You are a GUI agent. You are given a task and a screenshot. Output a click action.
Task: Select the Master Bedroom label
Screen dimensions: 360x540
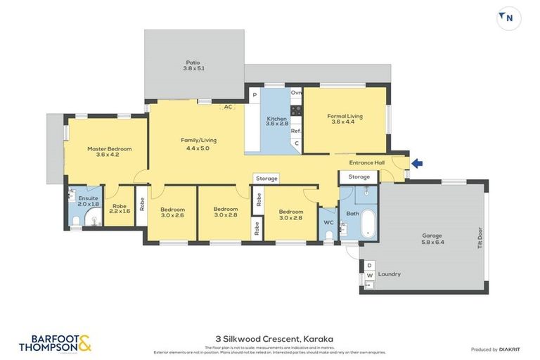109,152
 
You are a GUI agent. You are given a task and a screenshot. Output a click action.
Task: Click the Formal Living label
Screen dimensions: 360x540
345,119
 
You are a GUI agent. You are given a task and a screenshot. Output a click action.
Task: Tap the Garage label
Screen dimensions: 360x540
432,238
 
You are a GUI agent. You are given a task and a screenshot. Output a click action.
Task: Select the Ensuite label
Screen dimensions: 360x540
89,202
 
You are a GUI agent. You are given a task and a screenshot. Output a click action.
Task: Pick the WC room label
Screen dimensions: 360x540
328,223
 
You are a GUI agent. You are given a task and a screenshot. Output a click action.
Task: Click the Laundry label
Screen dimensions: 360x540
389,274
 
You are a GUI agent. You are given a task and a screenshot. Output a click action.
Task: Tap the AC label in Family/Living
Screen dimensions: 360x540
228,108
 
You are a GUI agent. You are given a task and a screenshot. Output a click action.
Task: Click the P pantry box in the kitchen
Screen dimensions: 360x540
254,94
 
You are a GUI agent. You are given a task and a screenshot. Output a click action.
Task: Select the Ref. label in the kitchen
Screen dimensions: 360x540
296,131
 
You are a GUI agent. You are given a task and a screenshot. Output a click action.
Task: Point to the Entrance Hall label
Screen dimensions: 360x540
367,163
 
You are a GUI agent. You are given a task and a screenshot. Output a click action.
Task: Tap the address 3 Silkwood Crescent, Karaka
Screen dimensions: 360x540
271,339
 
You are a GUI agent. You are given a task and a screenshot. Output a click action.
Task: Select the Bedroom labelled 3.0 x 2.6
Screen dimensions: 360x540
172,212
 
